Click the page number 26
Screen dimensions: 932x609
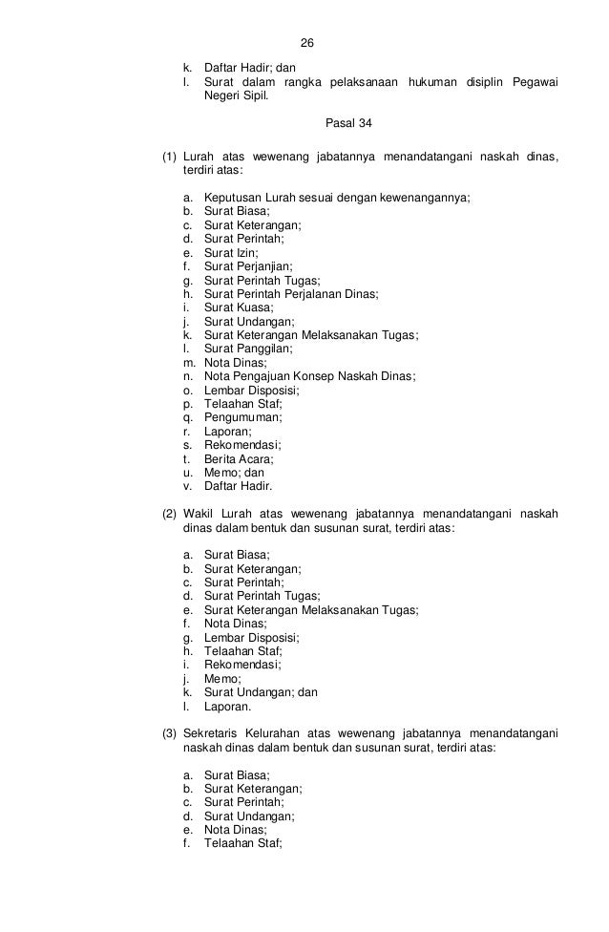coord(306,44)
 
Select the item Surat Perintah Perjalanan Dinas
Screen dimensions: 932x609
coord(290,295)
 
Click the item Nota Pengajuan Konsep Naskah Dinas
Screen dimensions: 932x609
coord(309,377)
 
